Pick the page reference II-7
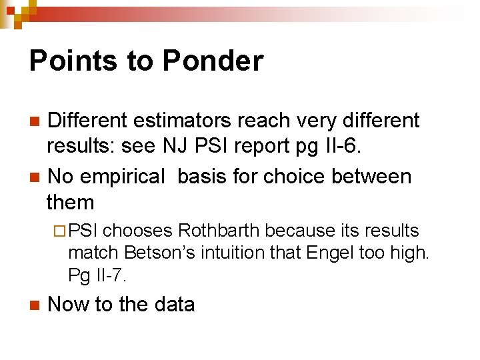coord(109,275)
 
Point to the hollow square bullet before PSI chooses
coord(58,231)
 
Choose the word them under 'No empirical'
coord(70,202)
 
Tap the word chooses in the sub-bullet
coord(138,231)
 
